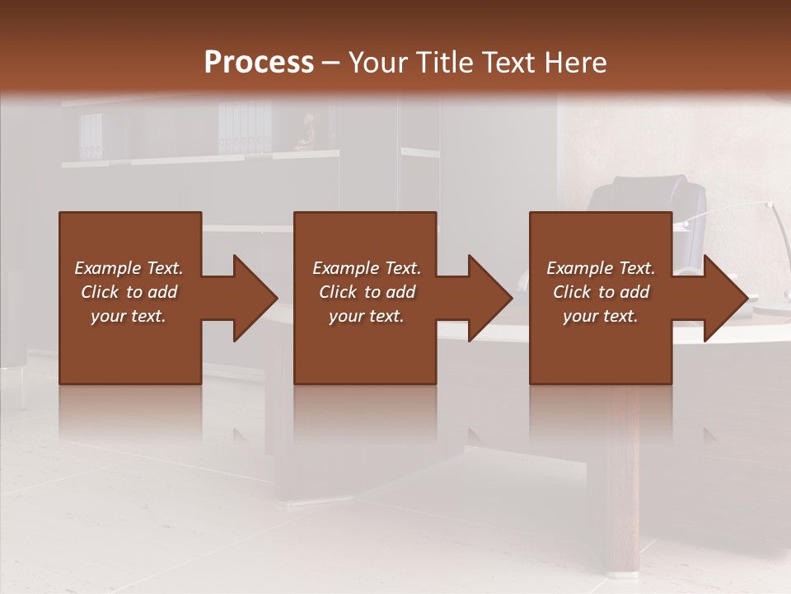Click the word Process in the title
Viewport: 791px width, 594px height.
coord(259,63)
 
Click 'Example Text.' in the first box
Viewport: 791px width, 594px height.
coord(129,268)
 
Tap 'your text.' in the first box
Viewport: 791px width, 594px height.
coord(129,316)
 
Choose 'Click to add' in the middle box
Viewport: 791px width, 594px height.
coord(367,292)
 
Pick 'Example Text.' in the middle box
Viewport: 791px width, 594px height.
coord(367,268)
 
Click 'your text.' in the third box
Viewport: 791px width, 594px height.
coord(601,316)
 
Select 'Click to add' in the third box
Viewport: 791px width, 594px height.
coord(601,292)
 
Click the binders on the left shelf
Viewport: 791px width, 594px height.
coord(91,136)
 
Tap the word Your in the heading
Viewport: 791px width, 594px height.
coord(375,63)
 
